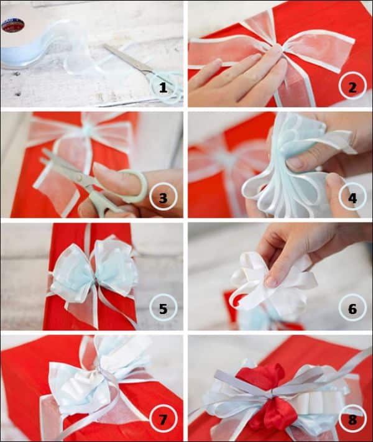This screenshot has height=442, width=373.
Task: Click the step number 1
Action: coord(163,88)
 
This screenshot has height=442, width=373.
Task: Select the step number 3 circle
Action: coord(163,197)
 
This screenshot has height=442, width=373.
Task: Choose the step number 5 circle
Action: coord(163,308)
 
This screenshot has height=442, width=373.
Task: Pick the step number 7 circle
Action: coord(163,420)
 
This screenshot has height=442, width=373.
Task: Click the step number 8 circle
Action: coord(352,419)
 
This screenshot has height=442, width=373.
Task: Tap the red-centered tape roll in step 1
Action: coord(13,25)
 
